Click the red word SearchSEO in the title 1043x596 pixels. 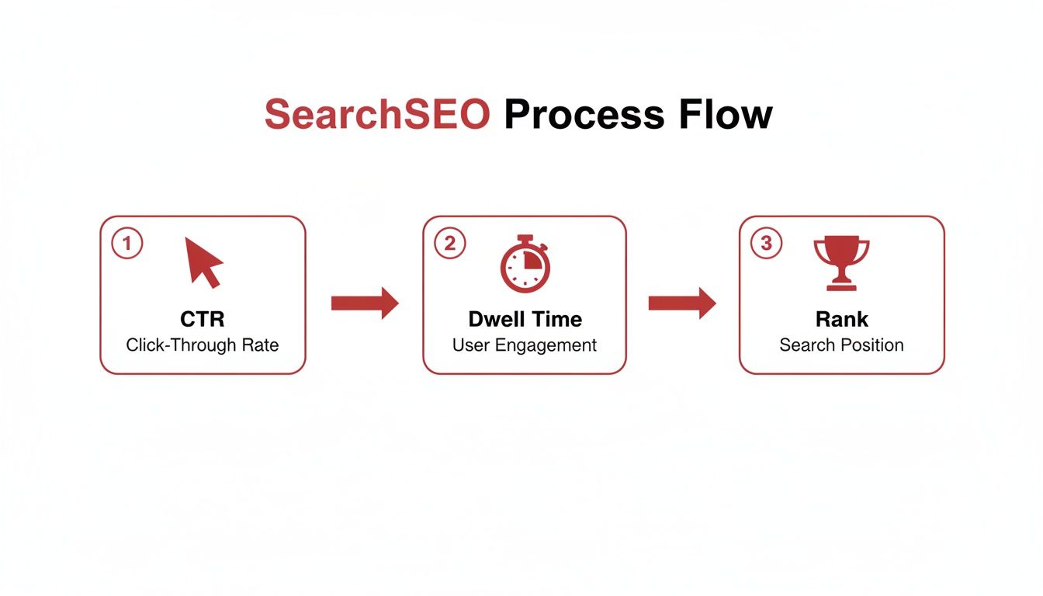(x=377, y=115)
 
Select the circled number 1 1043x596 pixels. (x=127, y=243)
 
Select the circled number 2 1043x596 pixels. (x=449, y=243)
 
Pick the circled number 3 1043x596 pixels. (x=766, y=243)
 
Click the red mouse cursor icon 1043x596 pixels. (x=203, y=262)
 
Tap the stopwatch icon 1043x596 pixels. (x=525, y=265)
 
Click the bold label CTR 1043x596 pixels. (x=203, y=319)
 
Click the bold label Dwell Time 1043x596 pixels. (x=525, y=319)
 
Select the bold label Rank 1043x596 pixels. (x=841, y=319)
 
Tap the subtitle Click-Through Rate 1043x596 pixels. (x=203, y=345)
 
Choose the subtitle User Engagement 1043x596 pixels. (x=525, y=345)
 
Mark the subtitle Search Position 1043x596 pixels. (x=841, y=345)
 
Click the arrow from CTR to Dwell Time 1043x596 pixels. (x=364, y=303)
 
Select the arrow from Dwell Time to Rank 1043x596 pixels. (x=681, y=303)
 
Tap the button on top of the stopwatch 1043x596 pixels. (x=525, y=236)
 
